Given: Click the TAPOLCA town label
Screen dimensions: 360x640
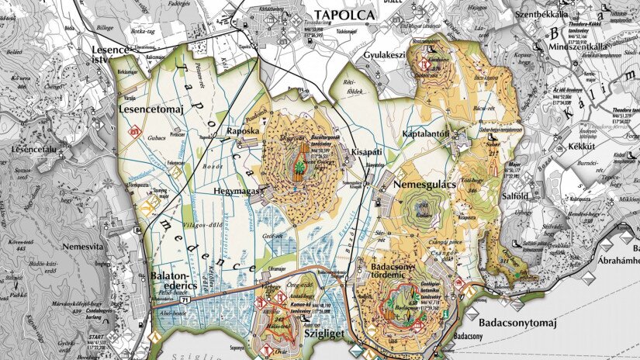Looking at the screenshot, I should tap(343, 15).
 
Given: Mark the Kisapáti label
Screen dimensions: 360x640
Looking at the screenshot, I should tap(366, 152).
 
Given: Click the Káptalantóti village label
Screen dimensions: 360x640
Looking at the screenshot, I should tap(426, 134).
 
